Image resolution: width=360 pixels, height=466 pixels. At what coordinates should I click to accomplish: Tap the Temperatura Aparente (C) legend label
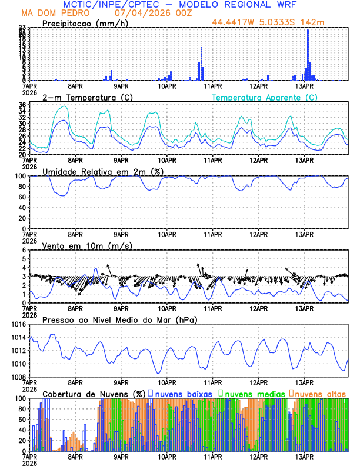click(265, 97)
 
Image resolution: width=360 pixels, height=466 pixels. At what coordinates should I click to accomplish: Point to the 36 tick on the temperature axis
click(22, 105)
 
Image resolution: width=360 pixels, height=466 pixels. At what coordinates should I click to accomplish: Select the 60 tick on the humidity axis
click(22, 197)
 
